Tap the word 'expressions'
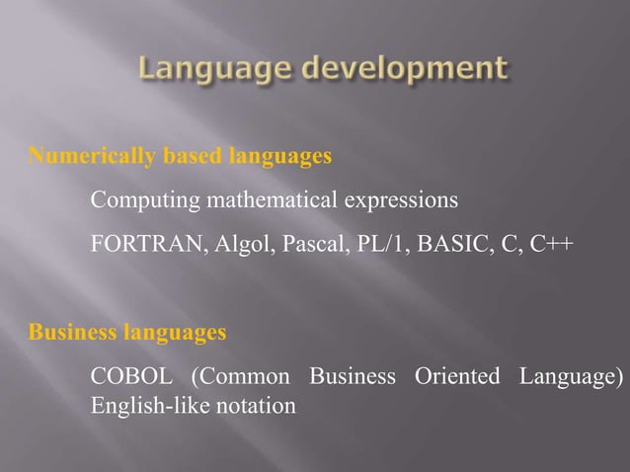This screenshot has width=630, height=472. point(402,201)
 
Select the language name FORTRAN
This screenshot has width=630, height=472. point(146,244)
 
